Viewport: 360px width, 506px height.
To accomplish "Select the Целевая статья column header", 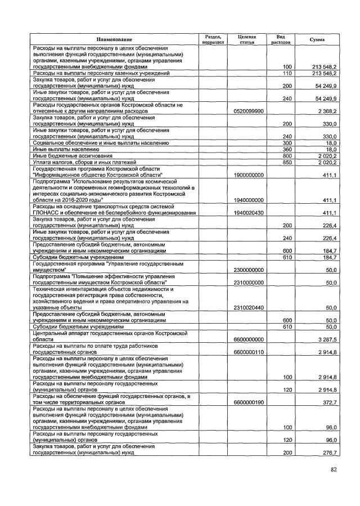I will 247,39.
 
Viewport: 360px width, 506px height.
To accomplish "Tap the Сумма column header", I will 317,39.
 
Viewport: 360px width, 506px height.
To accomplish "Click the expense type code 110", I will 287,73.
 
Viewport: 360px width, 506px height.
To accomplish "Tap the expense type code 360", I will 287,149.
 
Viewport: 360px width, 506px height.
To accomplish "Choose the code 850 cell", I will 287,162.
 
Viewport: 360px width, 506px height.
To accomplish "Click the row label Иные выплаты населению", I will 66,149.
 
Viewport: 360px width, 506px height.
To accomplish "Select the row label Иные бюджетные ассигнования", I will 73,155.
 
